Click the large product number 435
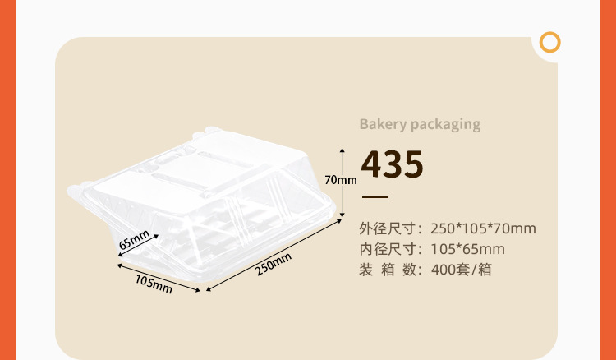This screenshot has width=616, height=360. [x=393, y=165]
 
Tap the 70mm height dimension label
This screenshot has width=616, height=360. [x=340, y=179]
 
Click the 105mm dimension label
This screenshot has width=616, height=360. [x=153, y=284]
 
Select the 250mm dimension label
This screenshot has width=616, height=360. [x=274, y=265]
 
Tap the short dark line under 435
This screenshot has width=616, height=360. [x=375, y=198]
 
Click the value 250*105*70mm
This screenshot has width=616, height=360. [x=483, y=228]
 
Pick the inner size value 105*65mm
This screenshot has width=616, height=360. [x=467, y=249]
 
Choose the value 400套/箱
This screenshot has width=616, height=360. [x=461, y=270]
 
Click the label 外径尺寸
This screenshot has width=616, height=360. [x=389, y=228]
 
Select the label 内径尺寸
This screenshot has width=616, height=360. [x=389, y=249]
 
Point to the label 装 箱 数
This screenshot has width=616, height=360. [x=389, y=270]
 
